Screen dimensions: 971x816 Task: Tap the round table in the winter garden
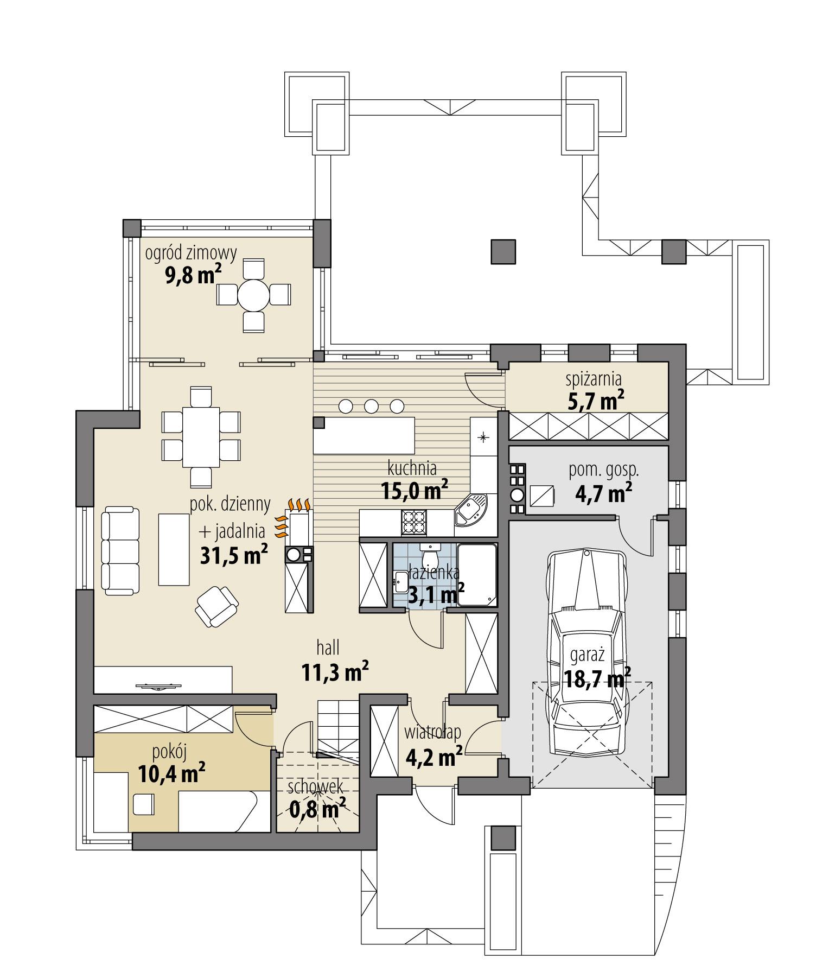254,295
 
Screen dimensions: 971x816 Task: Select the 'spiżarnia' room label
594,378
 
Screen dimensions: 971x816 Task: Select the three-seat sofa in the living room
120,550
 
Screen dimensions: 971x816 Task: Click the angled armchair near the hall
216,606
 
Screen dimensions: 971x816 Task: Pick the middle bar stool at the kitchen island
371,405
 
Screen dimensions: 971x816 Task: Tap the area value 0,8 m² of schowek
318,810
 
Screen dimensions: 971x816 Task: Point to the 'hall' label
328,648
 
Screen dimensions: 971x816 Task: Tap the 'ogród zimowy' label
191,253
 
